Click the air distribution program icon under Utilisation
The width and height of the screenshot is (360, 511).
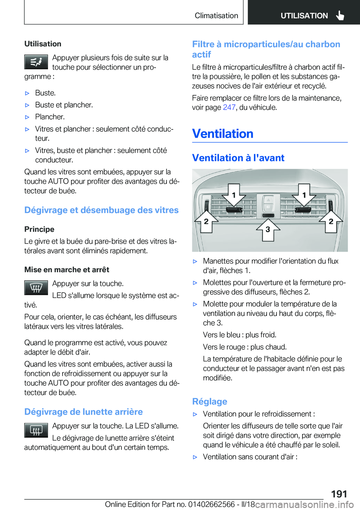[x=36, y=62]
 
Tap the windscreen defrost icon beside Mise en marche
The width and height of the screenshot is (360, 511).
[x=36, y=288]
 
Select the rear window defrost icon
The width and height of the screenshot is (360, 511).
[x=36, y=430]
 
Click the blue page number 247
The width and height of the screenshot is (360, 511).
[x=229, y=107]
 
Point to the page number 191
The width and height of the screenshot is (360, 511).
[x=339, y=494]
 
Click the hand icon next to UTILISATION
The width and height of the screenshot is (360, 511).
[x=340, y=15]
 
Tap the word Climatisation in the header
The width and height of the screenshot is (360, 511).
[x=216, y=15]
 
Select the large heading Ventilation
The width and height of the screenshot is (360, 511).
[x=223, y=134]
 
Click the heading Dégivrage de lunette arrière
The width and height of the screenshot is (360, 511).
[x=84, y=412]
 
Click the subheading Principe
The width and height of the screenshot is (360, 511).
[x=39, y=229]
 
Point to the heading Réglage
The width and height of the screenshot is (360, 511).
[x=210, y=401]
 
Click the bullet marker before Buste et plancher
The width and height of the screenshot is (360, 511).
[x=27, y=105]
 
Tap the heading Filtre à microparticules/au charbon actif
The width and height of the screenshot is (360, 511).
[x=266, y=49]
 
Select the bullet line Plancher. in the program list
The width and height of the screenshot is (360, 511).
[x=50, y=117]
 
